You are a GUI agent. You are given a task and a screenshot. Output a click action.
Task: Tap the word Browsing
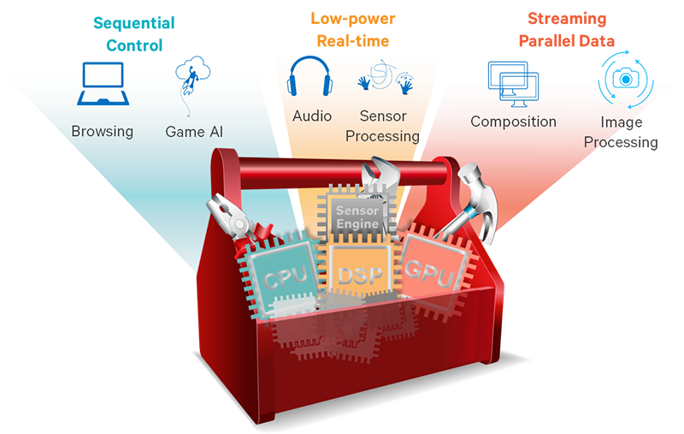pyautogui.click(x=102, y=131)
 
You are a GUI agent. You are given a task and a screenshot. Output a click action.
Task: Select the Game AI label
pyautogui.click(x=195, y=131)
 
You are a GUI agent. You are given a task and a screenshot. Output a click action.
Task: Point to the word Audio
pyautogui.click(x=311, y=116)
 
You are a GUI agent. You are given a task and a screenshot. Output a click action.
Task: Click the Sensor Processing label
pyautogui.click(x=388, y=126)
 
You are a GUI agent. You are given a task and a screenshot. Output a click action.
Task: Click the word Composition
pyautogui.click(x=513, y=122)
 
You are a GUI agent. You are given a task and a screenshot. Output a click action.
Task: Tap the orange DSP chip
pyautogui.click(x=357, y=273)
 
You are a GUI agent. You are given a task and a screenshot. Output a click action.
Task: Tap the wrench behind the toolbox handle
pyautogui.click(x=378, y=176)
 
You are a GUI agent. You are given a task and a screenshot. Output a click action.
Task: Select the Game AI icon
pyautogui.click(x=191, y=81)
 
